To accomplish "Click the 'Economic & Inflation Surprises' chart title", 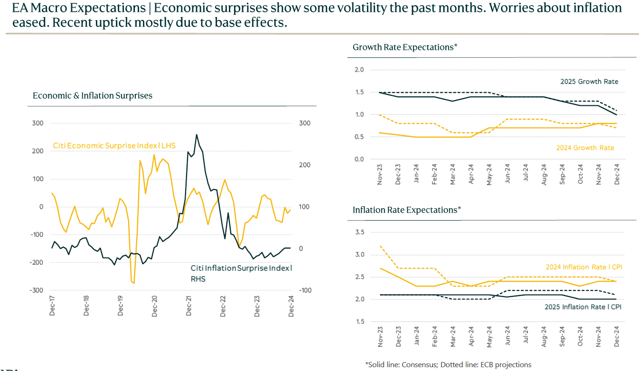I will click(x=93, y=96).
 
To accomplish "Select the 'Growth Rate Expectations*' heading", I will click(x=405, y=47).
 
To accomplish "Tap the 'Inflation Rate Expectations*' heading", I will click(x=407, y=210).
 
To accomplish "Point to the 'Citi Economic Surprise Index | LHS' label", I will click(x=114, y=146).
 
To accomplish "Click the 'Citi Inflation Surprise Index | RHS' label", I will click(x=241, y=273).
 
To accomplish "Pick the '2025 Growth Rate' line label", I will click(x=589, y=82).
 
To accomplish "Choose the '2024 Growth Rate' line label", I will click(x=585, y=148).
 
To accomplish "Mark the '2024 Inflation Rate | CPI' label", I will click(x=583, y=267).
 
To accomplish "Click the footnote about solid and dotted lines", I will click(x=448, y=364).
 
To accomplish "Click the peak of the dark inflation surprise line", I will click(x=197, y=135).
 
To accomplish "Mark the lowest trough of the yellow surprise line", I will click(x=134, y=283).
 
